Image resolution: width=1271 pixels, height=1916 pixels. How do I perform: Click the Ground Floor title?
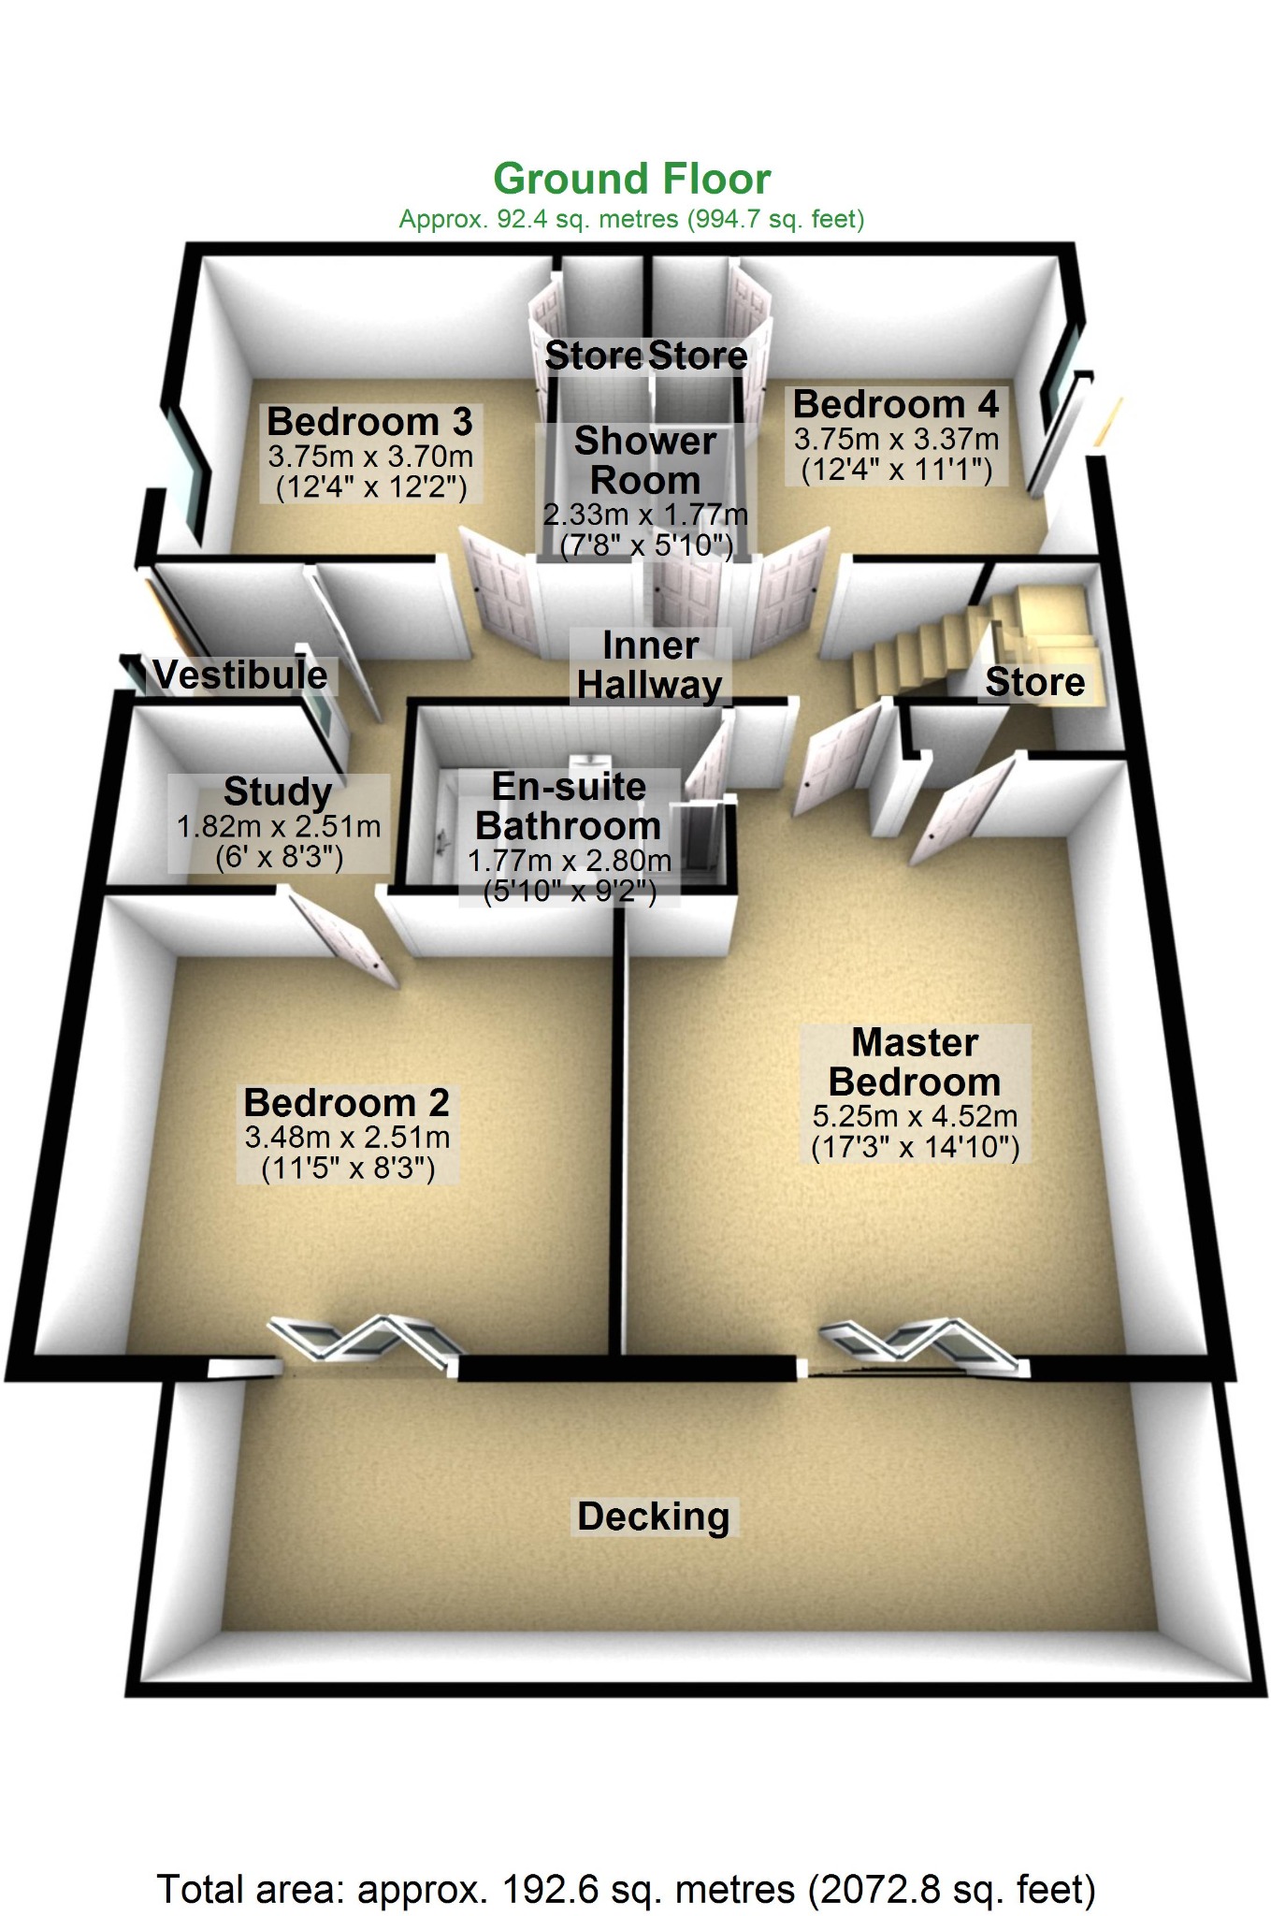pos(632,179)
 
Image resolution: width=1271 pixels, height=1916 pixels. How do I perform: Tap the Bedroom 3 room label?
pos(370,422)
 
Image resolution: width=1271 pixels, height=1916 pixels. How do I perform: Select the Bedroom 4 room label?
pos(896,404)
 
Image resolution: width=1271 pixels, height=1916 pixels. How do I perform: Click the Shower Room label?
pos(645,460)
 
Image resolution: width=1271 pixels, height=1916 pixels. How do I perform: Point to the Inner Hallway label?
pos(650,665)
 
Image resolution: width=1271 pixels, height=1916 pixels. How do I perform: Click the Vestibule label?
pos(241,675)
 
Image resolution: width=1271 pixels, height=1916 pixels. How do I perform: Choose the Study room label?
pos(278,791)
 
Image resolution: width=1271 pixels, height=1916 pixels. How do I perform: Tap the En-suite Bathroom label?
pos(569,806)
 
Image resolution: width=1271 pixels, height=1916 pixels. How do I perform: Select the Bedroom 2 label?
pos(347,1102)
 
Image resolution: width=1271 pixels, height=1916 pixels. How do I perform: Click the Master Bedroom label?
pos(915,1062)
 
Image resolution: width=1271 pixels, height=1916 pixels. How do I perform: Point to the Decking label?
pos(653,1517)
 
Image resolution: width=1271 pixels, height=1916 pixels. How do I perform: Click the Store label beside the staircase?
pos(1035,682)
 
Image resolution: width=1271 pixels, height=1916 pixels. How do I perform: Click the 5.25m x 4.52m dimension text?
pos(915,1116)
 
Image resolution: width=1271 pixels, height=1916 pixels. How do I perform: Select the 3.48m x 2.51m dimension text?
pos(347,1138)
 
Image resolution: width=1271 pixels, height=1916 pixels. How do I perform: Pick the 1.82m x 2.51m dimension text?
pos(279,827)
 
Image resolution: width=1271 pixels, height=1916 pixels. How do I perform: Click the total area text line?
pos(626,1889)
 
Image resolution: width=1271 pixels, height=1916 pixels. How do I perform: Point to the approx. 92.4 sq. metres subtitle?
pos(631,219)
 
